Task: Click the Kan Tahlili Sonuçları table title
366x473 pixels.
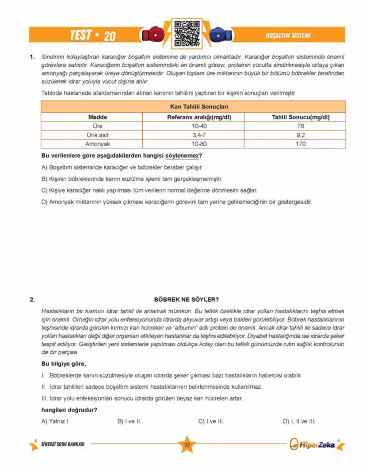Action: (x=193, y=107)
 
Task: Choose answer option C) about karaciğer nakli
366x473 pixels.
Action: (x=149, y=190)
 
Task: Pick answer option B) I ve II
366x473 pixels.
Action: (x=129, y=421)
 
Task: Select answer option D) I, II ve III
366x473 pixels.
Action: (x=299, y=421)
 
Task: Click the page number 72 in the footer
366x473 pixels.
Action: (x=186, y=445)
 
